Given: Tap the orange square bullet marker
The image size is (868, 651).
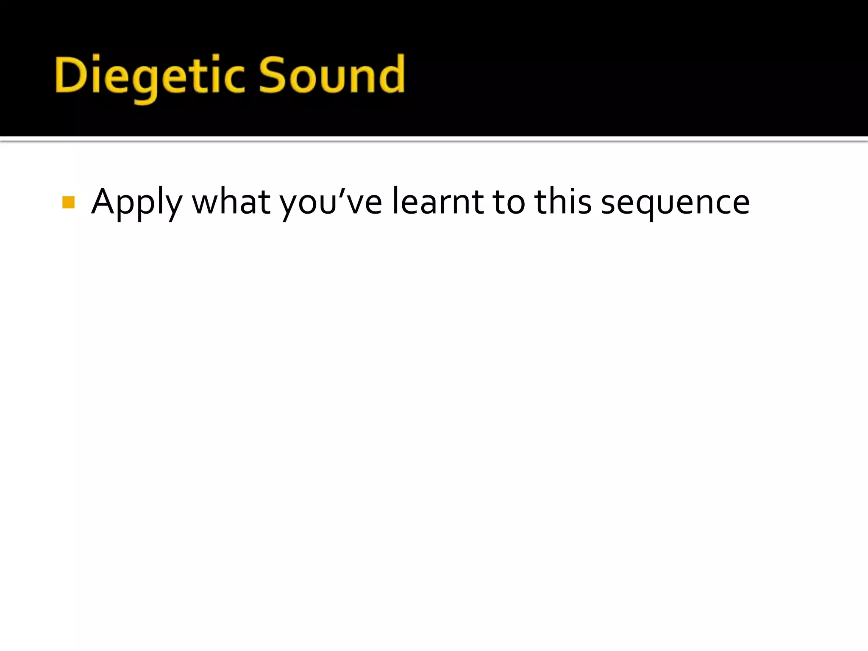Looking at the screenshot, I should point(68,203).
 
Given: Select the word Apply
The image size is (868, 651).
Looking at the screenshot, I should point(136,203).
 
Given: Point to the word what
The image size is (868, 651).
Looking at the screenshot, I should point(231,202).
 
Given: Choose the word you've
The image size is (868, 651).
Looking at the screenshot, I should point(331,203).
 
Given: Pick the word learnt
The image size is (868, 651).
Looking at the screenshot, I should point(437,201).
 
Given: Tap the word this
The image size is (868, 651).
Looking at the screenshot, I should point(563,201).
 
